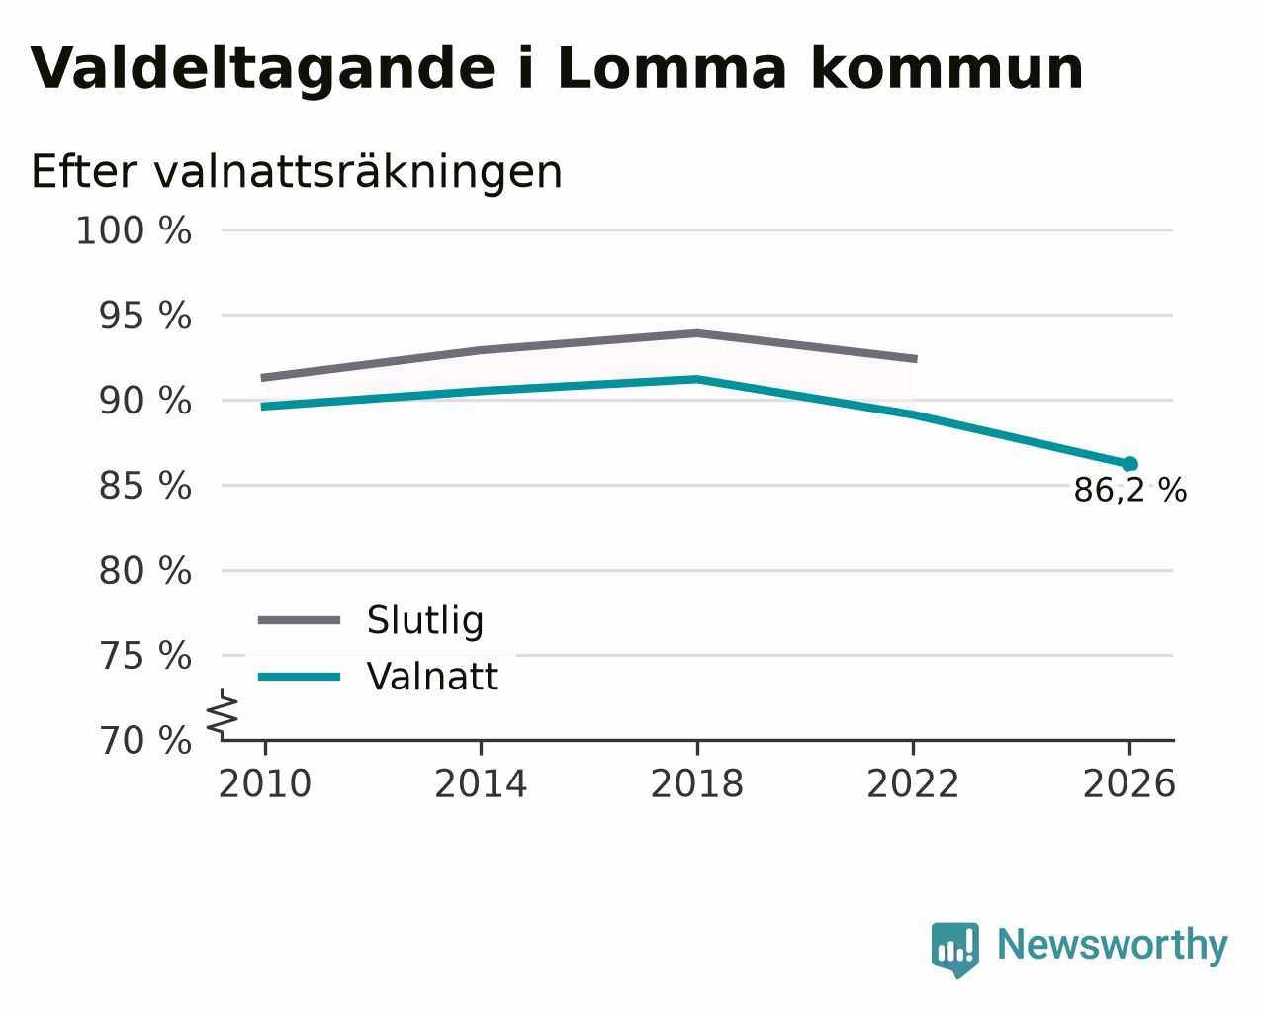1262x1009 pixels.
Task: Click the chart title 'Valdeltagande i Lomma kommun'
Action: tap(556, 69)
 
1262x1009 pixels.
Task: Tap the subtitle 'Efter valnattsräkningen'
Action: tap(296, 172)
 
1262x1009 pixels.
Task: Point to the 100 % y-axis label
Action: tap(134, 230)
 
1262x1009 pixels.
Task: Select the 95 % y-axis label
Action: tap(145, 316)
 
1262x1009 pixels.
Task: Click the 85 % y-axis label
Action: tap(145, 486)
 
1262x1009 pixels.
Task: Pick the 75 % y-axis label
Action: tap(145, 655)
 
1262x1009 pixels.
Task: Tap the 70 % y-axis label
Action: tap(145, 740)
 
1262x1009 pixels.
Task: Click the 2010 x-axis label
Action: tap(265, 783)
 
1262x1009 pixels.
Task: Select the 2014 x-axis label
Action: tap(481, 783)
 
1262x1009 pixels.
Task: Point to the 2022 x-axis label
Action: tap(913, 783)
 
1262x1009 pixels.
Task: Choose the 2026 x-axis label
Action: tap(1129, 783)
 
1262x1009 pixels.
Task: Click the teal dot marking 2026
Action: tap(1129, 464)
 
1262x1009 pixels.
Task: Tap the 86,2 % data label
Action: tap(1130, 490)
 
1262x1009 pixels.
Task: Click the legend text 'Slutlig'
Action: tap(425, 620)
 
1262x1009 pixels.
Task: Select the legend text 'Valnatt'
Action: tap(433, 677)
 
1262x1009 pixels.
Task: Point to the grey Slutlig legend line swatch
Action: tap(299, 620)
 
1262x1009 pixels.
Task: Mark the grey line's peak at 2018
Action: tap(697, 333)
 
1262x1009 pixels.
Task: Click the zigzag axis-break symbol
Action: tap(223, 713)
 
